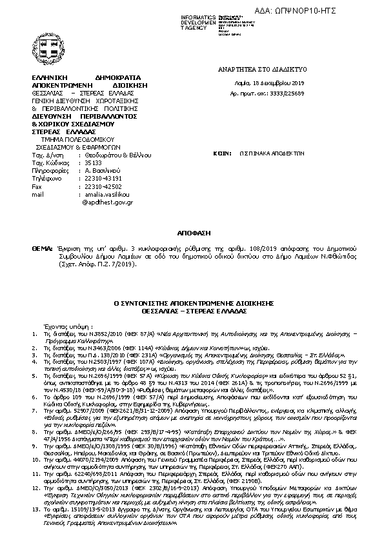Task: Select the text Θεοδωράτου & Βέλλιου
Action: pos(117,156)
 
